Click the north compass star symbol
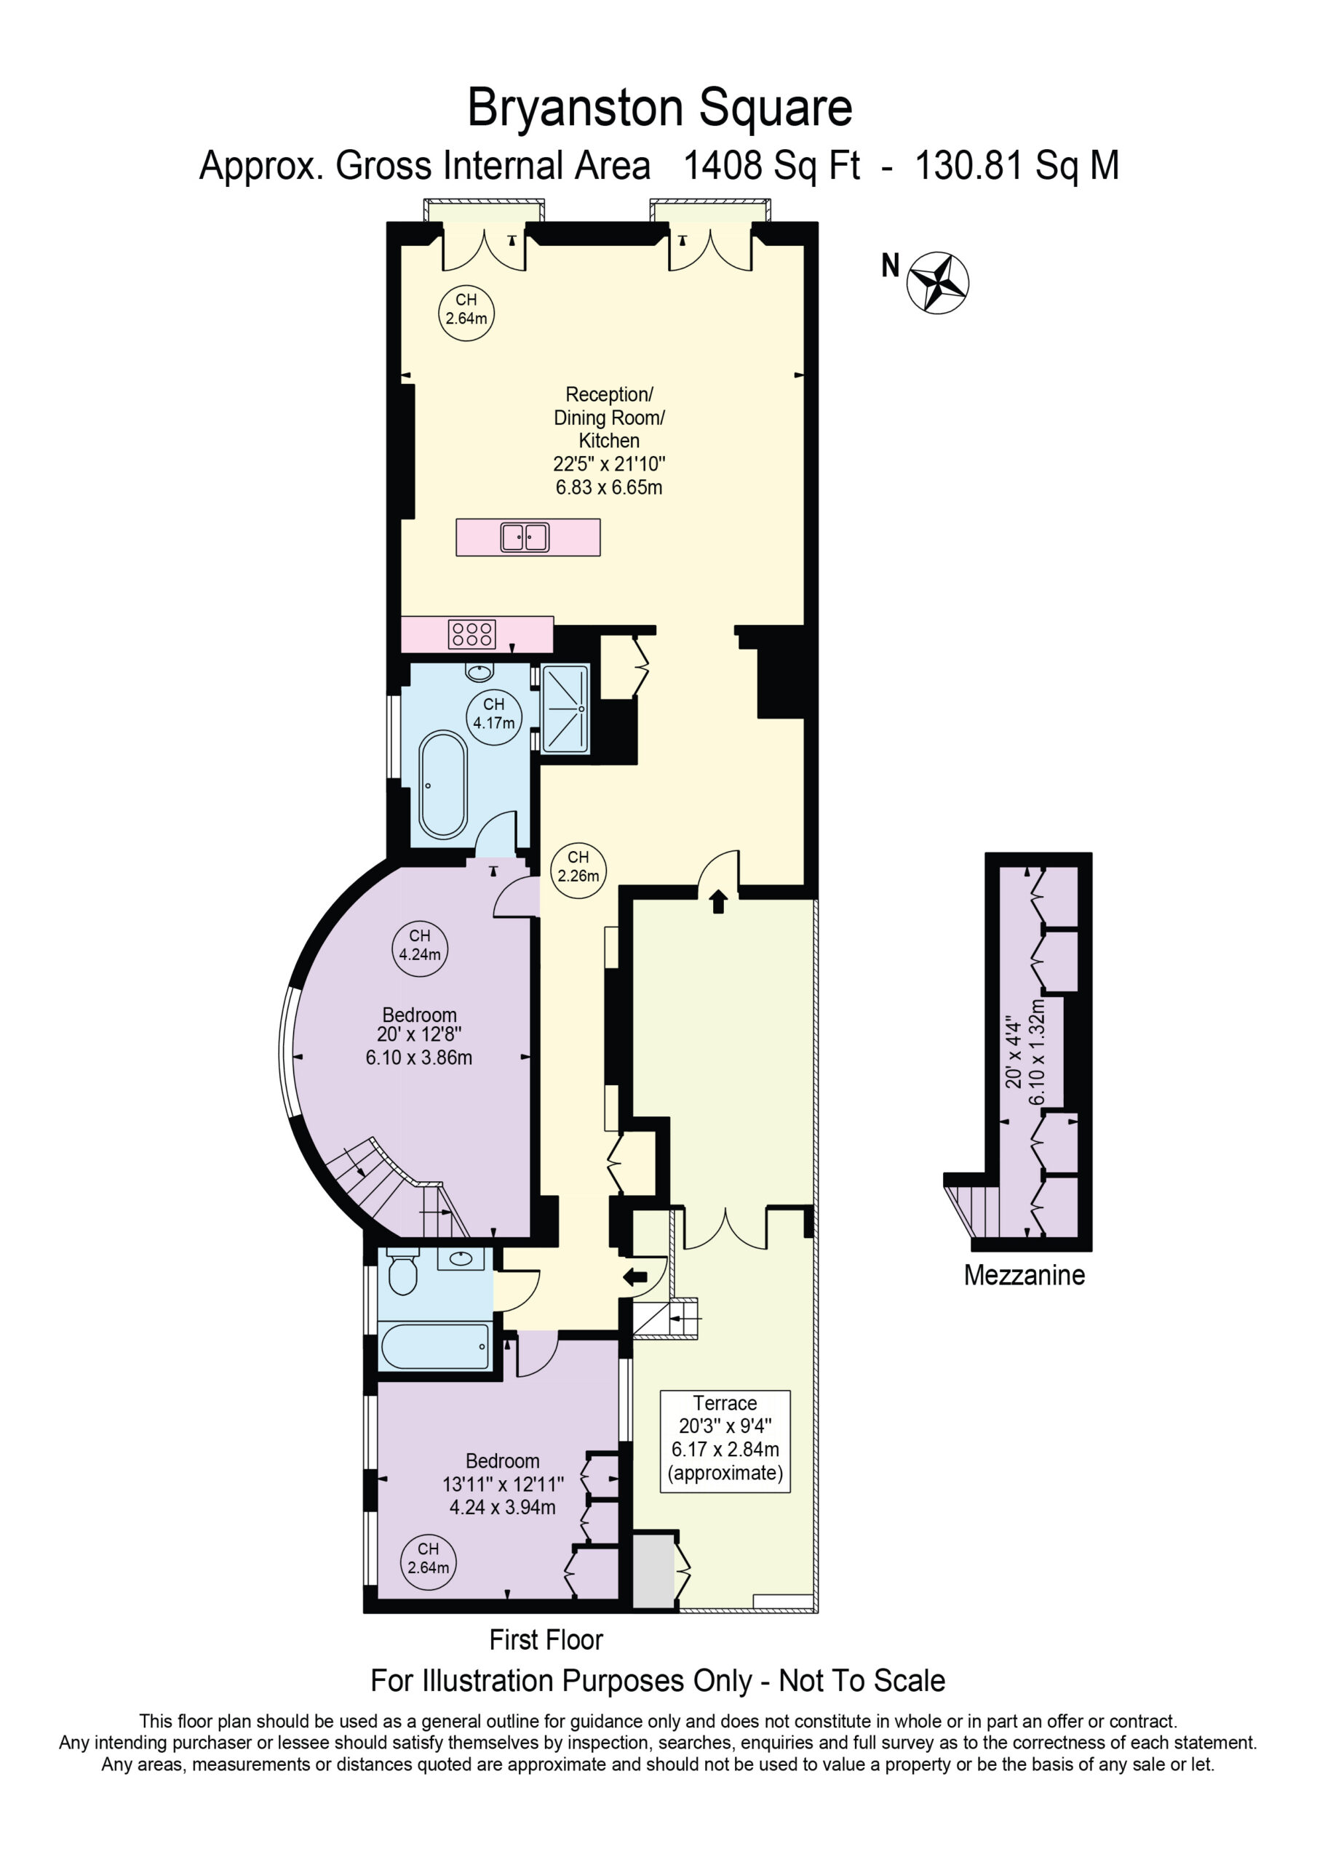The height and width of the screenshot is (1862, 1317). tap(937, 282)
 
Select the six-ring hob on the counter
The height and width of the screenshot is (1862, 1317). tap(472, 634)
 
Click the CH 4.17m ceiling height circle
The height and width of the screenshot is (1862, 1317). tap(493, 714)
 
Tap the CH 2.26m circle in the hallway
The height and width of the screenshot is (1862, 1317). tap(578, 867)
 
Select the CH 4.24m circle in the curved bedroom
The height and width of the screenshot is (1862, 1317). tap(420, 945)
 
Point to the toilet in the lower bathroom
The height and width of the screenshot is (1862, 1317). tap(402, 1271)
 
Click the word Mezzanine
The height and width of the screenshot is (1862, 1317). tap(1024, 1275)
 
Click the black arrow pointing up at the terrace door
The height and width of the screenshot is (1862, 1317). tap(718, 901)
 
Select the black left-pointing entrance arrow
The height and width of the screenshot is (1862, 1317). tap(634, 1277)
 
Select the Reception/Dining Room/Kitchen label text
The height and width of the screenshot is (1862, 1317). tap(608, 417)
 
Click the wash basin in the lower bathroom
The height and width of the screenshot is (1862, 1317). tap(461, 1258)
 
